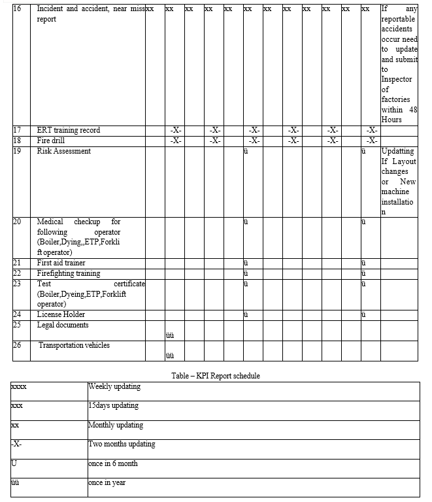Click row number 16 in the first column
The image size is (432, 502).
[17, 9]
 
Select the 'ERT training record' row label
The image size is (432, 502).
[69, 130]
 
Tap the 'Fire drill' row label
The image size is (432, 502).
[51, 141]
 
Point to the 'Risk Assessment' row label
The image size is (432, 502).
[64, 151]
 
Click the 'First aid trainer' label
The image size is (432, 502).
[61, 263]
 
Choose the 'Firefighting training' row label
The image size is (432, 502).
[69, 273]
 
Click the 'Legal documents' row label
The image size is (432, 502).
[63, 325]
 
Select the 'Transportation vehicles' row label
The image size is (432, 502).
[74, 345]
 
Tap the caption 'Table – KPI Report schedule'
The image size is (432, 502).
[216, 376]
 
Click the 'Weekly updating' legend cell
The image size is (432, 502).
[114, 386]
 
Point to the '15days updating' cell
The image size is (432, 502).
[113, 405]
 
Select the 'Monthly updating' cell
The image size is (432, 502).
[116, 425]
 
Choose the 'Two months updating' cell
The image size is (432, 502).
[122, 444]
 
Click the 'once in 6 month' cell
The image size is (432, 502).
[113, 463]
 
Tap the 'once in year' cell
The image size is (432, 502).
[107, 482]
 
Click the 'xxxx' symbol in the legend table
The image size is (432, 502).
[19, 386]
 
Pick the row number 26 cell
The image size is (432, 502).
[17, 345]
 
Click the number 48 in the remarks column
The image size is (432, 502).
[412, 110]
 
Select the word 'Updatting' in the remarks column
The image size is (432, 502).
[398, 151]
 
